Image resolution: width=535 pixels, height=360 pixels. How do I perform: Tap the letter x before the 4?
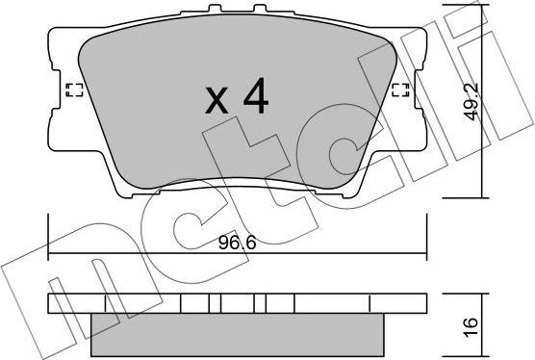pos(217,101)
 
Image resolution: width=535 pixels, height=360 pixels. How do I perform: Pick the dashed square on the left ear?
pos(70,91)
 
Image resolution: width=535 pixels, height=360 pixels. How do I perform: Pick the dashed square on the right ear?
pos(401,91)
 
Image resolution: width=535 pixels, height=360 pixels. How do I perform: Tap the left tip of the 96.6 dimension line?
pos(50,256)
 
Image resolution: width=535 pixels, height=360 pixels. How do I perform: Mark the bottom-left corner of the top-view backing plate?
pos(119,196)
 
